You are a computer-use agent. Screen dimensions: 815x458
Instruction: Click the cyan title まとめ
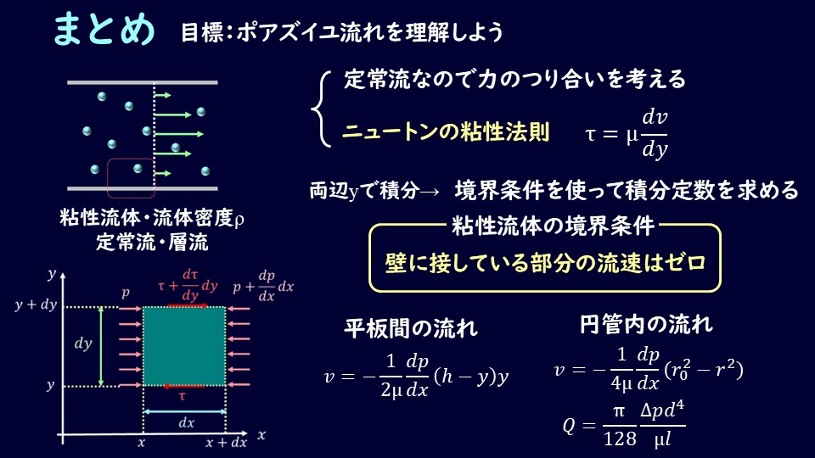(x=104, y=29)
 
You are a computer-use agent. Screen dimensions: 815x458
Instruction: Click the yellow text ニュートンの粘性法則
(x=446, y=131)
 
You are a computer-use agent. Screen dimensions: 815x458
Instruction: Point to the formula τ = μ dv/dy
(x=627, y=133)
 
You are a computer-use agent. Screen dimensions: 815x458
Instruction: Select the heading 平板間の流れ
(x=411, y=328)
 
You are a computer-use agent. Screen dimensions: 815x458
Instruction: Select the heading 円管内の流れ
(x=646, y=324)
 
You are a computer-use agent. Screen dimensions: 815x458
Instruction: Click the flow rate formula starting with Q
(x=624, y=425)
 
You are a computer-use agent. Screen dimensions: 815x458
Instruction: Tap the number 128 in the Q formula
(x=620, y=439)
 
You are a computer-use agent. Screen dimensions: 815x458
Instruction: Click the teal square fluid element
(x=184, y=346)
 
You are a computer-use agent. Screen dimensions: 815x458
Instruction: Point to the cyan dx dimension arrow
(x=184, y=412)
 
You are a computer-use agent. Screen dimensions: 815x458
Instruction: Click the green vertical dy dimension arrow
(x=101, y=346)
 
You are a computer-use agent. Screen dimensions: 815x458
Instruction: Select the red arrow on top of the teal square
(x=187, y=306)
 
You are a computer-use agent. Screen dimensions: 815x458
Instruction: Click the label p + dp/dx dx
(x=263, y=286)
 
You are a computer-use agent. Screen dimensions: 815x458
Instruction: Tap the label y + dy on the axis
(x=36, y=304)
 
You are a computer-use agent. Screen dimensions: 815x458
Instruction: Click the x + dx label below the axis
(x=226, y=443)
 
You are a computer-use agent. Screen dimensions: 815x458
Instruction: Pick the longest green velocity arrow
(x=179, y=134)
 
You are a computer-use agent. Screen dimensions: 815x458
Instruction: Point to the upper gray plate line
(x=143, y=82)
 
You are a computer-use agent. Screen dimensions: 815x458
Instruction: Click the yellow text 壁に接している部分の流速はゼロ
(x=545, y=263)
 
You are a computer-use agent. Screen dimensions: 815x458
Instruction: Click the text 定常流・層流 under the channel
(x=152, y=242)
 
